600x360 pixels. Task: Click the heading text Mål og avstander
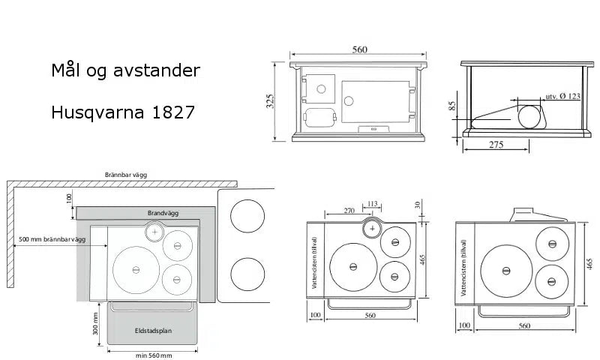(x=125, y=70)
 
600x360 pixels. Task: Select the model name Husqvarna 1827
(x=123, y=112)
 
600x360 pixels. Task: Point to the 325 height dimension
(x=270, y=101)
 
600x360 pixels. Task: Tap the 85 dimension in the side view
(x=452, y=106)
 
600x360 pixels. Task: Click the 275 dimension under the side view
(x=496, y=145)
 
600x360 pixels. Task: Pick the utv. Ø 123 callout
(x=563, y=97)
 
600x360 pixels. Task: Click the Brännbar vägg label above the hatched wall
(x=126, y=175)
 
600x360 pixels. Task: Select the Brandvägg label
(x=163, y=213)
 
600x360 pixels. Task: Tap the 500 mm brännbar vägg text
(x=52, y=239)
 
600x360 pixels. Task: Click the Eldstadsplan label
(x=153, y=331)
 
